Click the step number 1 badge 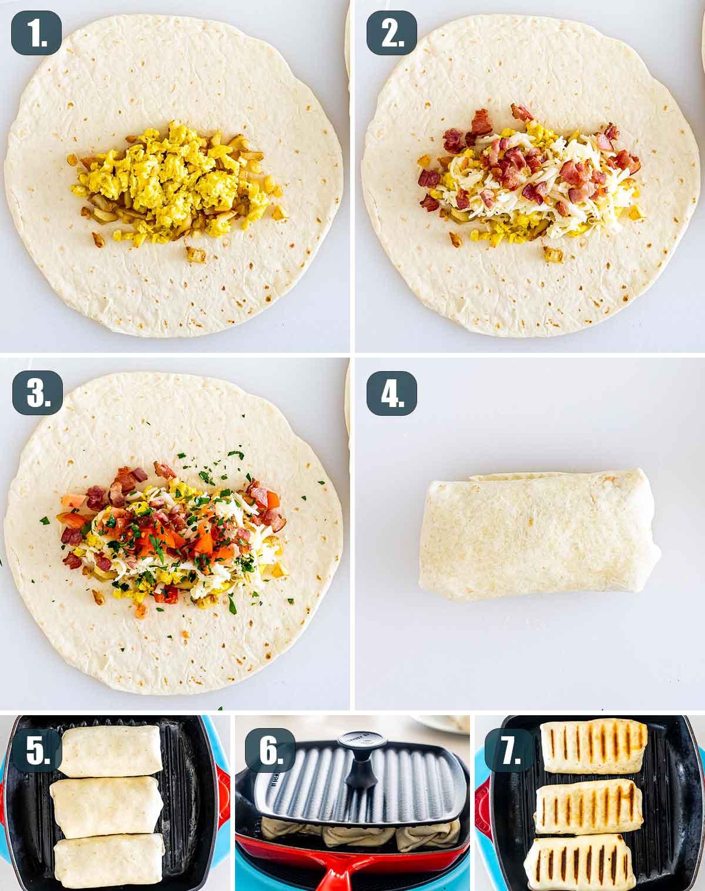(36, 33)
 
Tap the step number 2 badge (391, 33)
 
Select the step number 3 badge (37, 392)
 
